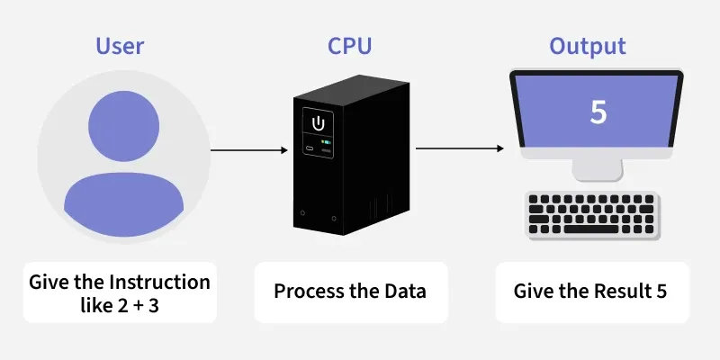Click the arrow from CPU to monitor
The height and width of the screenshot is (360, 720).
click(459, 149)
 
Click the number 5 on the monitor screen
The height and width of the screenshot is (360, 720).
click(598, 112)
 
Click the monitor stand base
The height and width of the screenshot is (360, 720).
click(598, 176)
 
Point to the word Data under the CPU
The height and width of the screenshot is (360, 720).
click(405, 292)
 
